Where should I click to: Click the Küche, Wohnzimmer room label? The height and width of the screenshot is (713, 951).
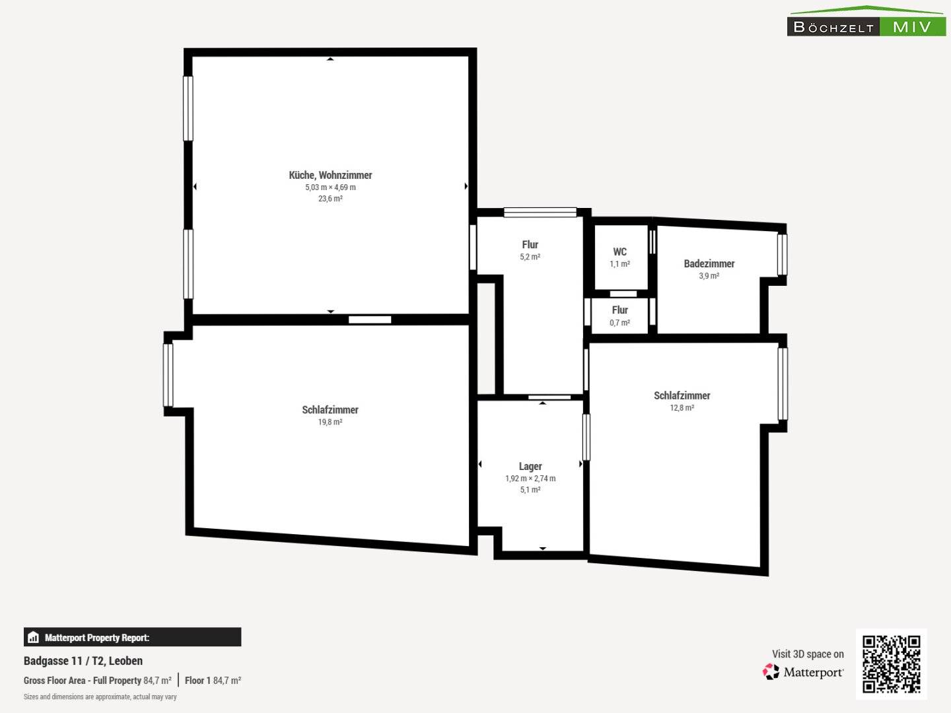[x=330, y=176]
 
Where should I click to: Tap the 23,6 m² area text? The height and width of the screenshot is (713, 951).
[x=330, y=199]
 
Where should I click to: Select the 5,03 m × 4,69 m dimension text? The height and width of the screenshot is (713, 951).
[x=330, y=187]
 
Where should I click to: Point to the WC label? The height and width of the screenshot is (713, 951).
[x=619, y=252]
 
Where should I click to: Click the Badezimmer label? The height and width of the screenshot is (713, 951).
[x=709, y=263]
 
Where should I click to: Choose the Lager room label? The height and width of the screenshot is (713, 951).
[x=530, y=466]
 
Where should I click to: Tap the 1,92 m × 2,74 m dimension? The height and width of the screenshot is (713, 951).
[x=530, y=479]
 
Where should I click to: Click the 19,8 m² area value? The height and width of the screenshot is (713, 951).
[x=330, y=422]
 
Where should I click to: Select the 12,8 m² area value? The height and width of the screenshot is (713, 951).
[x=682, y=408]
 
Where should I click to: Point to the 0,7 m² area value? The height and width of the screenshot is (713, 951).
[x=619, y=323]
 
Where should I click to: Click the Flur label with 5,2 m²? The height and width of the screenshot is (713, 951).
[x=530, y=244]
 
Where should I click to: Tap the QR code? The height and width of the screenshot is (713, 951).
[x=891, y=664]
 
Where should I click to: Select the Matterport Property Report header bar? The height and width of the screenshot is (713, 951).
[x=132, y=637]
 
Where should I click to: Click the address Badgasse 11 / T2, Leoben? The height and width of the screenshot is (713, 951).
[x=83, y=661]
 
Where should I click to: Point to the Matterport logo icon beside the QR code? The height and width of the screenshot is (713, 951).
[x=771, y=672]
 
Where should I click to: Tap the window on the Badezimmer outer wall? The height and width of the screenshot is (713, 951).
[x=782, y=255]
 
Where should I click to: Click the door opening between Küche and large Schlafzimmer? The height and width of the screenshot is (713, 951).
[x=370, y=320]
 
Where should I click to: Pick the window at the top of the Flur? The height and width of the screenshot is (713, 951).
[x=540, y=212]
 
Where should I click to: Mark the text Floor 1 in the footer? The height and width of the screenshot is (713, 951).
[x=197, y=681]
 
